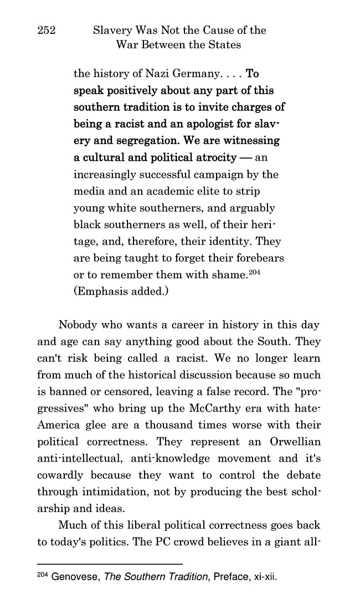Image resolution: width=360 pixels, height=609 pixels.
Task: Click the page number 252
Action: pyautogui.click(x=47, y=30)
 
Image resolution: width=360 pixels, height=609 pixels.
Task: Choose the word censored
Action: pyautogui.click(x=135, y=378)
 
